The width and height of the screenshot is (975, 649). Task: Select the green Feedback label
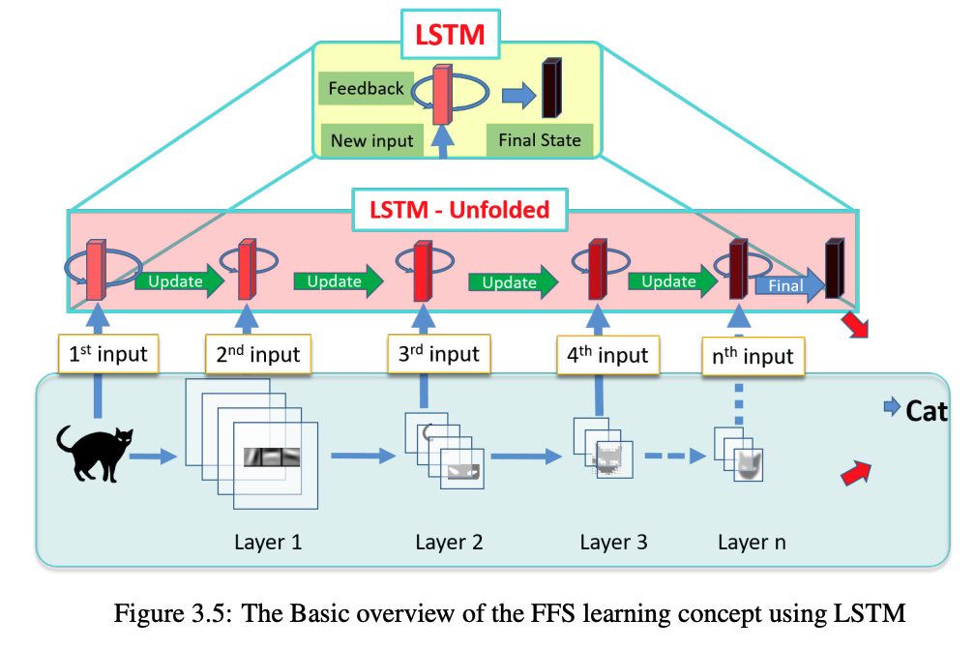coord(366,89)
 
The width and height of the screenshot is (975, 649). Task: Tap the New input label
coord(371,141)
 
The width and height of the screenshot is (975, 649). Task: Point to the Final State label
coord(540,141)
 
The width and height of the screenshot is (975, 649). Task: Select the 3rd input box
coord(439,354)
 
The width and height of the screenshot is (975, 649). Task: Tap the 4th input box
coord(607,355)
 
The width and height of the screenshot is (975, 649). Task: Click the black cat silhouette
coord(94,454)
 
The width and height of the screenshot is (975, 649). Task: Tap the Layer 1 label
coord(268,542)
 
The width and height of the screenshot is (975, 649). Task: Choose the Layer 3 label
coord(613,542)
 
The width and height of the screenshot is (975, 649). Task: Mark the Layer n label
coord(752,542)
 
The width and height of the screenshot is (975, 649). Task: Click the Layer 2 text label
coord(449,542)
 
